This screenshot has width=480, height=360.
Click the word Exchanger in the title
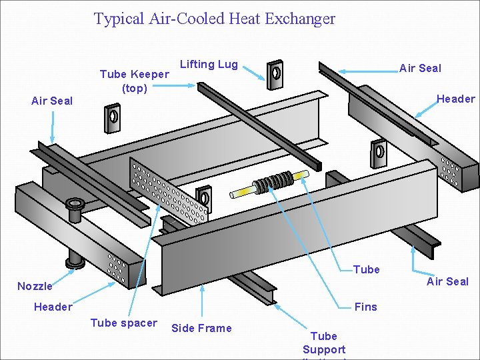coord(300,19)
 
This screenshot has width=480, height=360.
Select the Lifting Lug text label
coord(209,64)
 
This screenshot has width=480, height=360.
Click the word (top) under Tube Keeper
coord(134,88)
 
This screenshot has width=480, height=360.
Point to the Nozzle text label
coord(35,286)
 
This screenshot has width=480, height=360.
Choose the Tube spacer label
coord(123,323)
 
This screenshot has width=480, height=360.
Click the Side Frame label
coord(201,328)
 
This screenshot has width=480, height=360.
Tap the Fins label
coord(365,307)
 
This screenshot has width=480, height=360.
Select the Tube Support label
coord(324,343)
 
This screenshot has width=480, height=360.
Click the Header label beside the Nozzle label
coord(53,307)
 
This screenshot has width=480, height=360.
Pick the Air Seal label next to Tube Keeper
coord(52,101)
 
